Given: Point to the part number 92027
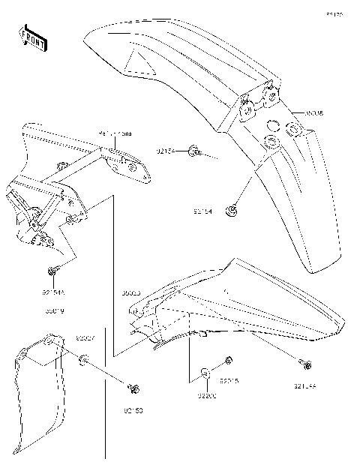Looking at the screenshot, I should click(84, 339).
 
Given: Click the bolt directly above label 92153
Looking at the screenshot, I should click(133, 388).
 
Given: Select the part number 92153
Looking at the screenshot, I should click(133, 411).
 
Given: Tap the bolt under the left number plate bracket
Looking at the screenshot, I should click(52, 271).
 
